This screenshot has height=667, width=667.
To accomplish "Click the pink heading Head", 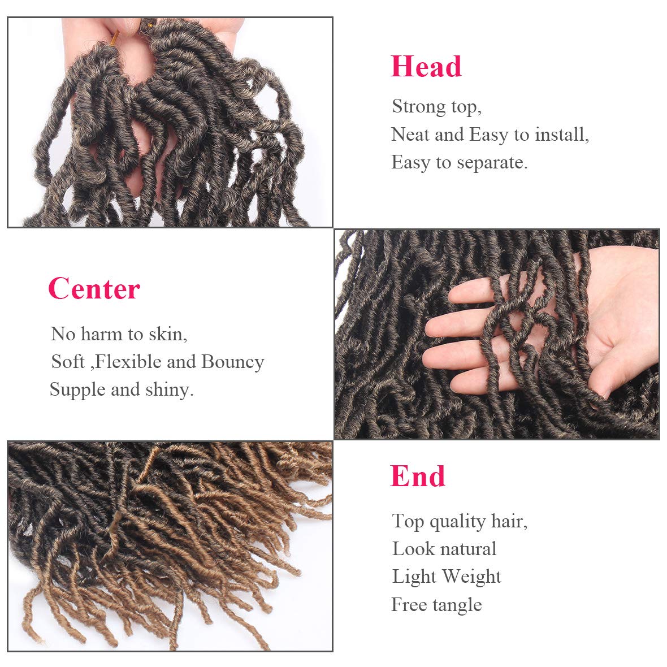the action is coord(426,67).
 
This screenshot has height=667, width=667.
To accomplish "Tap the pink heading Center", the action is coord(94,288).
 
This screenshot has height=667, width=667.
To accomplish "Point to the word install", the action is coord(562,135).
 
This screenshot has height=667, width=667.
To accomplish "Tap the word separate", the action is coord(492,163).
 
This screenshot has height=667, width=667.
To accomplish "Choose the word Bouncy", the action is coord(233,362).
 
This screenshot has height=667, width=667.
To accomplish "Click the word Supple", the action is coord(77,390).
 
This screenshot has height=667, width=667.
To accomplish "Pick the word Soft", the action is coord(68,362).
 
